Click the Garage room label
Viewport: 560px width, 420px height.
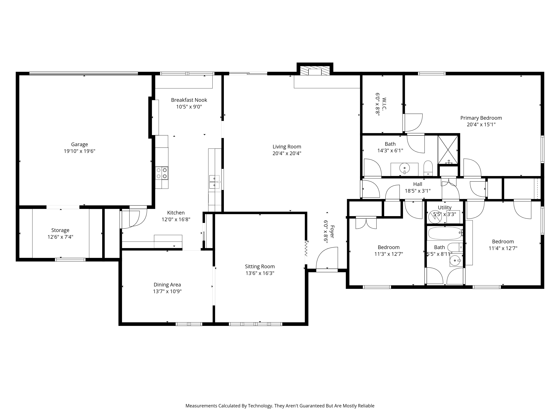pyautogui.click(x=80, y=144)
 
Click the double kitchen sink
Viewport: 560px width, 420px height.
pyautogui.click(x=215, y=182)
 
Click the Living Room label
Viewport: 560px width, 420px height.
pyautogui.click(x=287, y=147)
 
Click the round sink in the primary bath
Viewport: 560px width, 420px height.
pyautogui.click(x=404, y=168)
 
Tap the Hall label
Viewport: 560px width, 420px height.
pyautogui.click(x=418, y=184)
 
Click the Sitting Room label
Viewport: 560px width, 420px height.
pyautogui.click(x=260, y=266)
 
